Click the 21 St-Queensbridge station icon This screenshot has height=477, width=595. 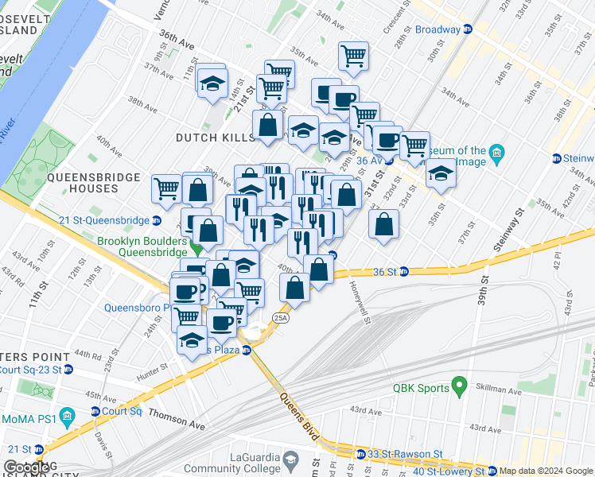(x=157, y=220)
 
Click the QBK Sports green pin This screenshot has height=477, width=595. (x=457, y=387)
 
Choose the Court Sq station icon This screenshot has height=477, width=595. (x=94, y=412)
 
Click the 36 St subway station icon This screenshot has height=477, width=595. (x=403, y=272)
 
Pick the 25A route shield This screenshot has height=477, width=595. (x=280, y=317)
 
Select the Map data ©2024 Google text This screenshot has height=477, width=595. (x=546, y=471)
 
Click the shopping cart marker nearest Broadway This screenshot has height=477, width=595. (x=353, y=56)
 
